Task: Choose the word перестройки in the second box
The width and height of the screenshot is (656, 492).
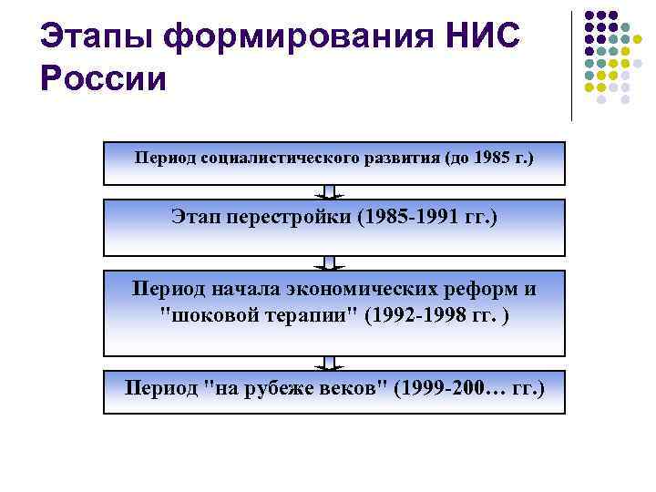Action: pos(281,218)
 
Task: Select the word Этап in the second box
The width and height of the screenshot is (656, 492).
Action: pos(192,218)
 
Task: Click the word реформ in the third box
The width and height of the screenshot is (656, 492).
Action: pos(485,289)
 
